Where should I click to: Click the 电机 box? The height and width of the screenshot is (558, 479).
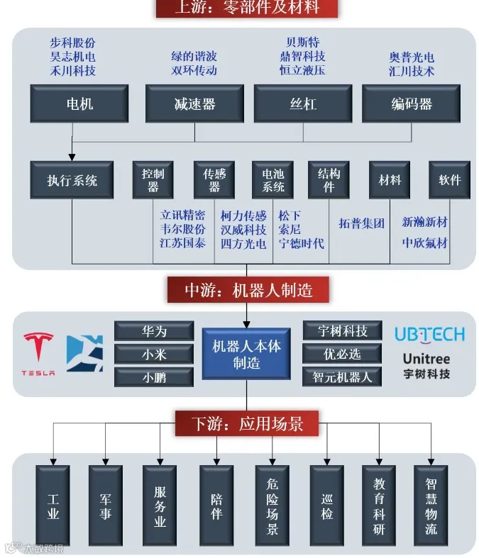coord(79,104)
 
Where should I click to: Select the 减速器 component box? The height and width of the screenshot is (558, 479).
coord(194,104)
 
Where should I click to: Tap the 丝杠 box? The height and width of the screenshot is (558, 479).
coord(303,104)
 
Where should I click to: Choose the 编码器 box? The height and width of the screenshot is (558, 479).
coord(411,104)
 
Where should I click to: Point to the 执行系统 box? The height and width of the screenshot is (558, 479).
coord(72,180)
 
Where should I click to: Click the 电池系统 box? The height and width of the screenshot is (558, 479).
coord(273,180)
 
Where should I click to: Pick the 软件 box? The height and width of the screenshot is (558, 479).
coord(450,180)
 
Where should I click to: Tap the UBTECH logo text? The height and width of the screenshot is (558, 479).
coord(429,334)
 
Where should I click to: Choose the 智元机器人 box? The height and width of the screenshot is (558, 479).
coord(342,376)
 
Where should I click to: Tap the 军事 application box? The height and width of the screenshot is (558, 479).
coord(105,505)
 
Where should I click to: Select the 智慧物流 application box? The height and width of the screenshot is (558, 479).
coord(431,505)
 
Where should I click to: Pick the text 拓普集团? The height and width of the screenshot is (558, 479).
coord(361,223)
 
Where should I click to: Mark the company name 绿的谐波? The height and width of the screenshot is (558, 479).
coord(194,56)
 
